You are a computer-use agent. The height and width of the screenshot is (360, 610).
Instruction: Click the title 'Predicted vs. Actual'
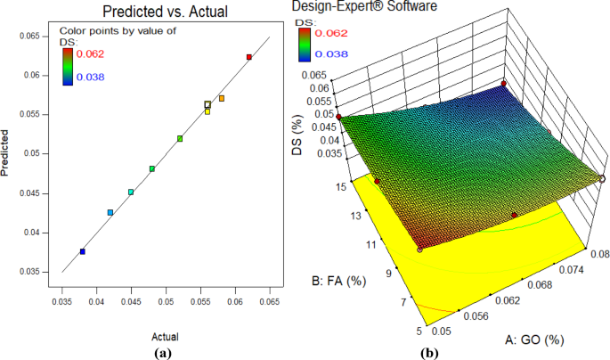[165, 12]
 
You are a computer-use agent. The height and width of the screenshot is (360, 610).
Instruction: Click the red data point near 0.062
[248, 57]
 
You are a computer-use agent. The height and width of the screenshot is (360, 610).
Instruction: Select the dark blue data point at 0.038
[83, 252]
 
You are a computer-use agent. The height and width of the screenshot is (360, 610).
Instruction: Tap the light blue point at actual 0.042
[110, 212]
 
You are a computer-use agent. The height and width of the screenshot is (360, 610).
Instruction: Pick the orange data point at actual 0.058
[222, 98]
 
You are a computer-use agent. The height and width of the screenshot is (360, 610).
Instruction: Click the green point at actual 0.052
[180, 139]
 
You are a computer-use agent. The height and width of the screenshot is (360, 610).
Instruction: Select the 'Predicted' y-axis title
[8, 153]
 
